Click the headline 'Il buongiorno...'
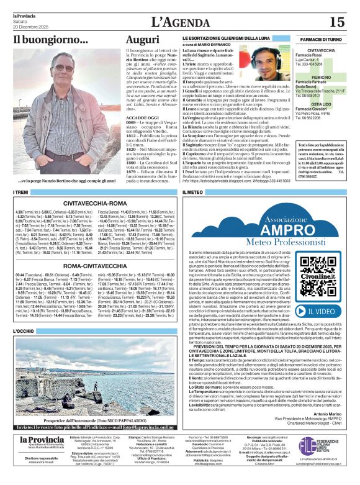(43, 39)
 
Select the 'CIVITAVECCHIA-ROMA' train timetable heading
(95, 202)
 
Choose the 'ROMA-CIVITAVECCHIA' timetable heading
(95, 265)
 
